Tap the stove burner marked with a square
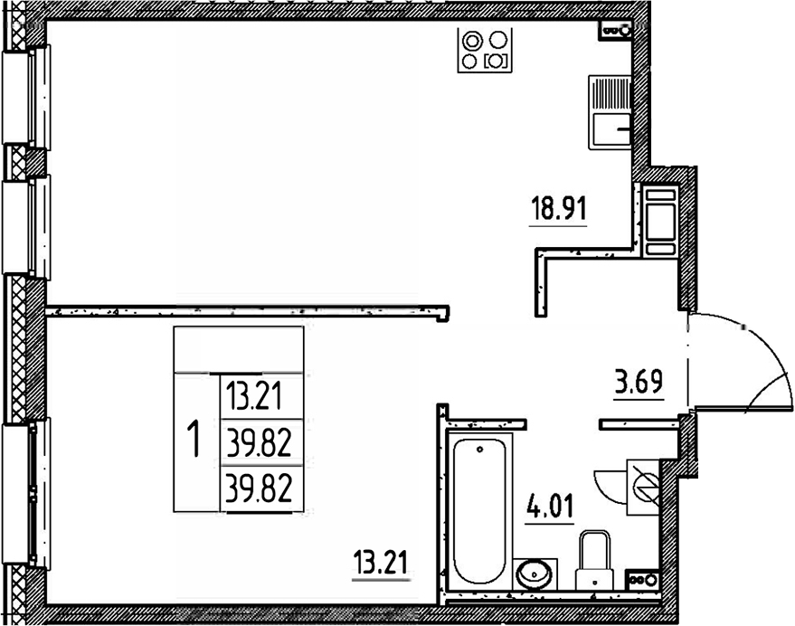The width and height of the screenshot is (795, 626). click(x=496, y=62)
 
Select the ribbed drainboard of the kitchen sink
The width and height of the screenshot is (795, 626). click(x=610, y=95)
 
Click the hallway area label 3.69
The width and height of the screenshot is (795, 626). click(x=639, y=381)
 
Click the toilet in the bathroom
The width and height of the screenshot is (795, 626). click(x=595, y=557)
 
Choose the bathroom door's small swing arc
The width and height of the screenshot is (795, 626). click(x=608, y=484)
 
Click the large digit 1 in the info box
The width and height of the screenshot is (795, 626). click(x=193, y=441)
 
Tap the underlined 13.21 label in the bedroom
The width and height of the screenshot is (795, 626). click(x=380, y=565)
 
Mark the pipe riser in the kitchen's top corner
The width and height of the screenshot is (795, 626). click(x=618, y=30)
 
